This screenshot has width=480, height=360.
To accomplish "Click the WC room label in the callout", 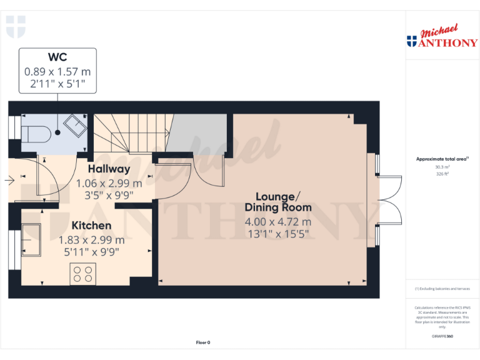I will click(x=57, y=58).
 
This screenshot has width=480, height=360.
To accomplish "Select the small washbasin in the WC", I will click(x=78, y=126).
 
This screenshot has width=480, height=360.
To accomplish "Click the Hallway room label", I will click(x=109, y=169).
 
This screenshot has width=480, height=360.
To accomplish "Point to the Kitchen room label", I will click(x=91, y=226).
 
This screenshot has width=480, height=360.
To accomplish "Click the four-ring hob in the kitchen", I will click(x=82, y=274).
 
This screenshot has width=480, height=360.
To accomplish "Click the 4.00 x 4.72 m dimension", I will click(x=278, y=222).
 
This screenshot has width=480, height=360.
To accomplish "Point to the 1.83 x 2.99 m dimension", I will click(x=91, y=239).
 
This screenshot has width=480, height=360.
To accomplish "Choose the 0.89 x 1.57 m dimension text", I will click(x=57, y=72).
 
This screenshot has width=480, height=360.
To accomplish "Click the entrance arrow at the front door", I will click(x=9, y=181).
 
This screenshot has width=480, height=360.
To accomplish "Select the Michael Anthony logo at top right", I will click(x=442, y=37).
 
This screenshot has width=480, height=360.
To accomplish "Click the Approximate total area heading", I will click(x=442, y=159).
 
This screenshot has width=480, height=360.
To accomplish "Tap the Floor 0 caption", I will click(x=203, y=342).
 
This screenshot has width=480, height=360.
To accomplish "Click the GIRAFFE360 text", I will click(x=442, y=337).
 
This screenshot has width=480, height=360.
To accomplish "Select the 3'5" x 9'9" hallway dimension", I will click(x=109, y=195).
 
